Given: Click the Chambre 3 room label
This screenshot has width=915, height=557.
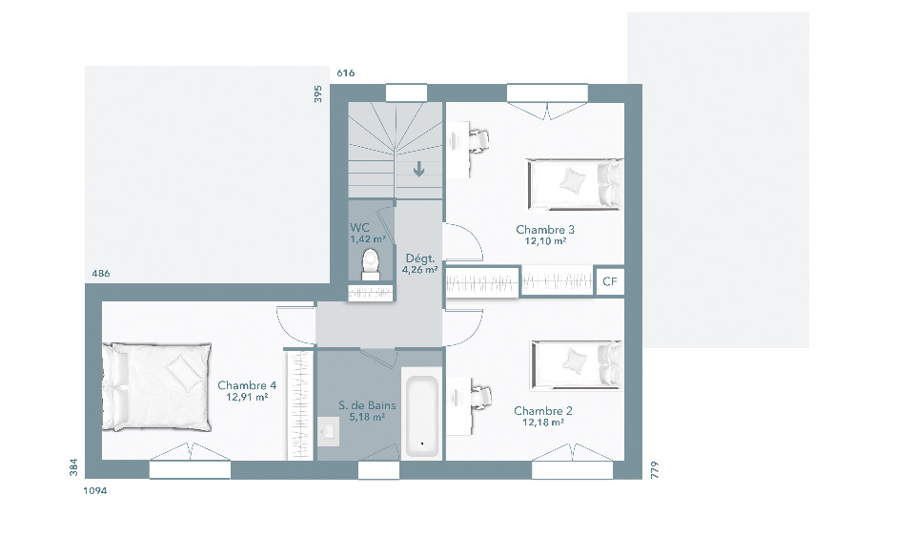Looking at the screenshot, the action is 545,230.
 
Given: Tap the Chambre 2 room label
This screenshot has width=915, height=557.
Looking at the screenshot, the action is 542,410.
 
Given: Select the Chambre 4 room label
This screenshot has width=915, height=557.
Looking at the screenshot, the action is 247,385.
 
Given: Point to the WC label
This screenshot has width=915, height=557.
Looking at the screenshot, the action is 359,227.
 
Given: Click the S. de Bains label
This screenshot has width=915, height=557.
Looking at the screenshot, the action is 367,405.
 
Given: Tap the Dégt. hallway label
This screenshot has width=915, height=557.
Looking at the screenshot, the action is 420,258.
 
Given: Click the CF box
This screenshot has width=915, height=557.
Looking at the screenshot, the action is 610,281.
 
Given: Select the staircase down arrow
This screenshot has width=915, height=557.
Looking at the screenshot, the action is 418,170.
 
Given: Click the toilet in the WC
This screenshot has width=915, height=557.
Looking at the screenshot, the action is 370,264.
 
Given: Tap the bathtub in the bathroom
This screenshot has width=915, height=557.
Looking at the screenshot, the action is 421,416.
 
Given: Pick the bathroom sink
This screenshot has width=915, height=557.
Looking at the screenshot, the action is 329,431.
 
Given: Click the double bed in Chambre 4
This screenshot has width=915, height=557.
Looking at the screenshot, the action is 157,386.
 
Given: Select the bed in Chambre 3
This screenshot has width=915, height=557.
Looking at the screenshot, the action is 576,184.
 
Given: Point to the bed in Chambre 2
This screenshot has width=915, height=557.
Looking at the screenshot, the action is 578,365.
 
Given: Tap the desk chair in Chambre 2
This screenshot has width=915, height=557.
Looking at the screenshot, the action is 479,398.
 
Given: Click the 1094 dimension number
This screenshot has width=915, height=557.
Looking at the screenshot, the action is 95,491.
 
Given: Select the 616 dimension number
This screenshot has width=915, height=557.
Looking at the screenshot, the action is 345,73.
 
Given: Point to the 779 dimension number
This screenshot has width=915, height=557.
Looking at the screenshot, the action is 654,470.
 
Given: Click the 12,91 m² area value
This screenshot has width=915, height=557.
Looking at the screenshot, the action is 247,397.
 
